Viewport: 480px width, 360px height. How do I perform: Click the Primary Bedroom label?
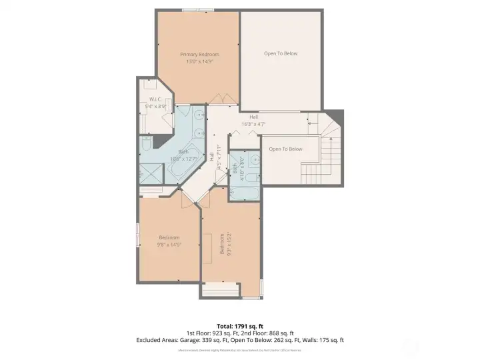[199, 54]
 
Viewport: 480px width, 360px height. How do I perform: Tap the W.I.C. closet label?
[155, 99]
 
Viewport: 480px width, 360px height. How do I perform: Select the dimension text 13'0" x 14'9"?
[199, 62]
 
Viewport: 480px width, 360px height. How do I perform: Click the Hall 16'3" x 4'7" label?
[253, 120]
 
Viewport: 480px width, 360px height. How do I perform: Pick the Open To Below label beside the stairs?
[285, 149]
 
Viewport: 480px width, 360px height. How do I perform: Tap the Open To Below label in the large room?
[281, 54]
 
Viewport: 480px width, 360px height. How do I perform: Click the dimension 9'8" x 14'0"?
[169, 245]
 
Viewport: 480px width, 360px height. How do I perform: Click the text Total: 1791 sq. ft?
[240, 326]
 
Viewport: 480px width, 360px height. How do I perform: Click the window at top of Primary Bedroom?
[199, 10]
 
